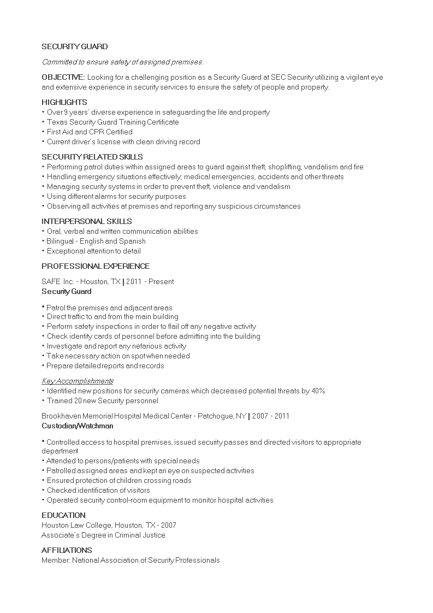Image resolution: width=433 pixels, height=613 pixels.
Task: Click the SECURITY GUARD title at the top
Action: [75, 47]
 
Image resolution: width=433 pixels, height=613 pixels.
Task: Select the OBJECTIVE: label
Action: [63, 77]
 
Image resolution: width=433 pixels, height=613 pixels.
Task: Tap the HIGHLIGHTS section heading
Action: [64, 102]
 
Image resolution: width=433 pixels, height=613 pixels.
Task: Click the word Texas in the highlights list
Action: [56, 122]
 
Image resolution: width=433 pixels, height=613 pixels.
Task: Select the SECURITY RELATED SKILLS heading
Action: [92, 157]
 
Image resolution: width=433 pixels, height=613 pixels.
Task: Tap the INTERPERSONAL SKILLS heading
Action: [87, 221]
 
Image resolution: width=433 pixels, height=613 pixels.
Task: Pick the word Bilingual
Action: [61, 241]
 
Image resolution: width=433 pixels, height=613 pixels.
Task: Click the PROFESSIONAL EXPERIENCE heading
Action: [96, 266]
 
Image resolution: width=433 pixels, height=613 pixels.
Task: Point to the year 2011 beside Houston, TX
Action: [134, 281]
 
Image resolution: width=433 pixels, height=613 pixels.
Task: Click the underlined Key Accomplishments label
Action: [78, 381]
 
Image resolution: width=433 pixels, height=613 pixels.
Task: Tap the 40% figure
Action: [318, 391]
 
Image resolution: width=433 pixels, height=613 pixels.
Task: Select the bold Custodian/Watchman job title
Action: [78, 426]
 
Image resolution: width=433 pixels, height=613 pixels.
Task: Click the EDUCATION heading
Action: [63, 515]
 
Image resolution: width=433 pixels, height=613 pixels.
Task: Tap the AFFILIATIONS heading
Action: [67, 550]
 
